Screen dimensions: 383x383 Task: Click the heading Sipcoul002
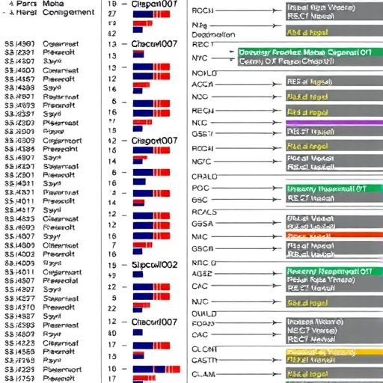pos(153,265)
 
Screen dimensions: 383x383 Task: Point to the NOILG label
pos(203,73)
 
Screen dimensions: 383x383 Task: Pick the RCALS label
pos(203,212)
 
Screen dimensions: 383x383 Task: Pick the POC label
pos(200,188)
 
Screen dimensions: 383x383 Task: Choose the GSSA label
pos(202,223)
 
